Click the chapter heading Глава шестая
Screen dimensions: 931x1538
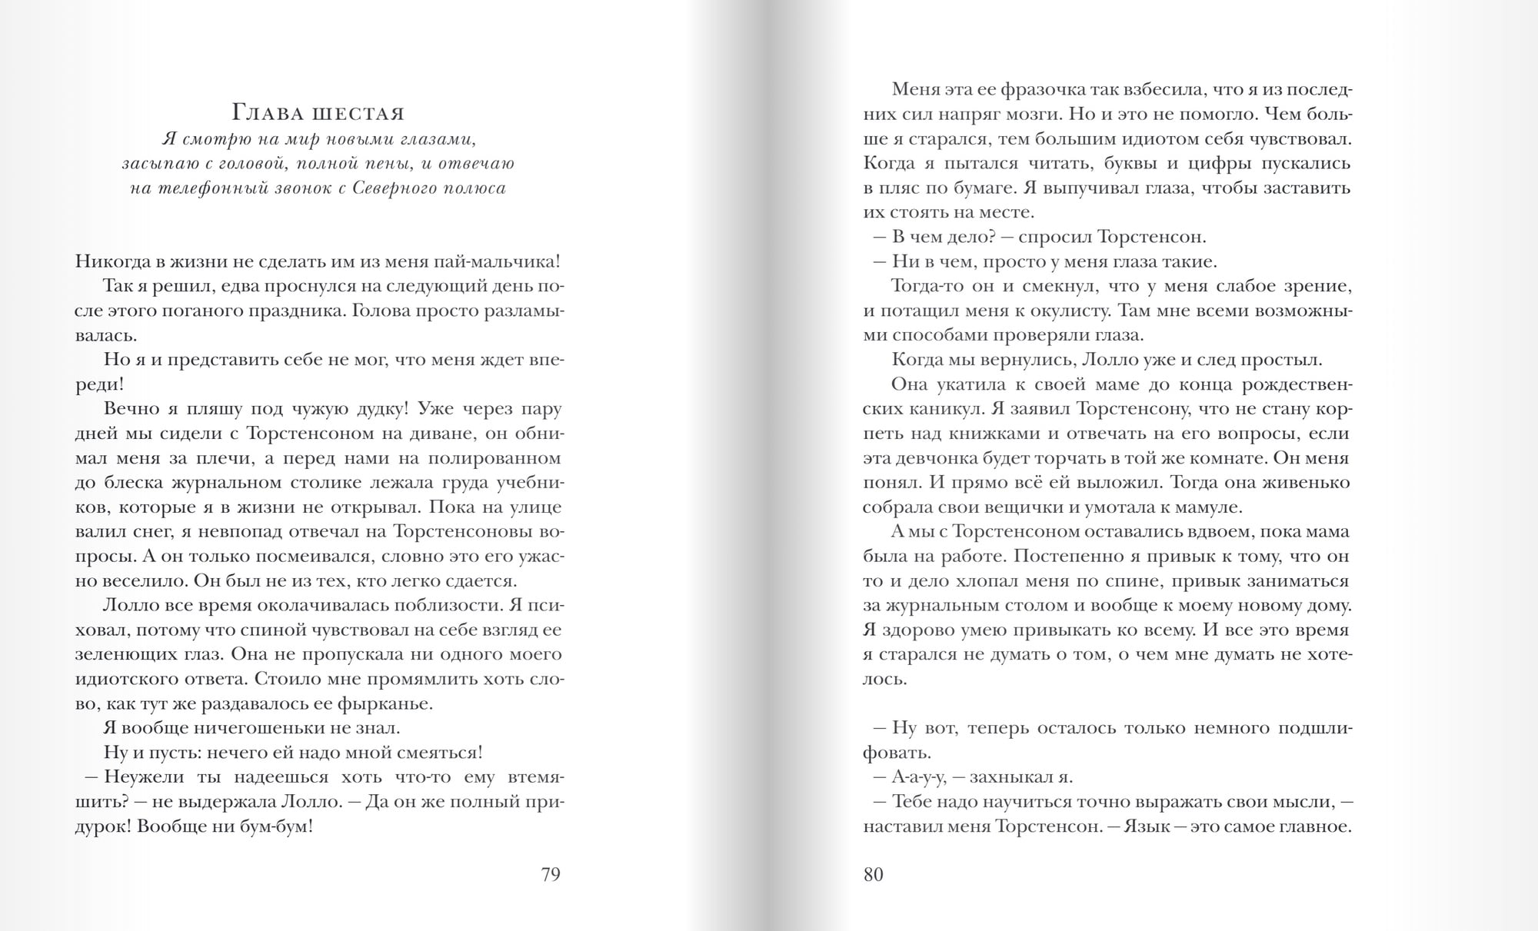318,114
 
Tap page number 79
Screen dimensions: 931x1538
551,875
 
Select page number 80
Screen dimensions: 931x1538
873,875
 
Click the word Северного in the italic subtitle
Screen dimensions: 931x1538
392,188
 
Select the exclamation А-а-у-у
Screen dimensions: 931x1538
917,777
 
